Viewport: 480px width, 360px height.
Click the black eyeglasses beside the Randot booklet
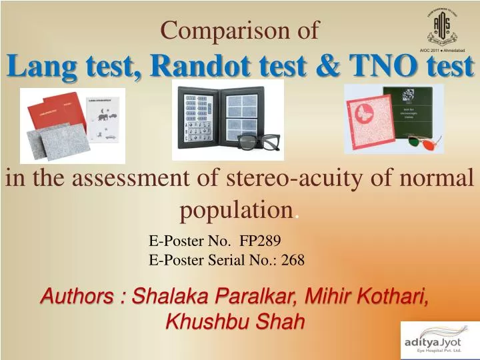pos(256,142)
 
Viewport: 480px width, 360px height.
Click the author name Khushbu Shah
pos(235,321)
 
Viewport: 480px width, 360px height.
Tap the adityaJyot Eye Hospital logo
pos(437,341)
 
